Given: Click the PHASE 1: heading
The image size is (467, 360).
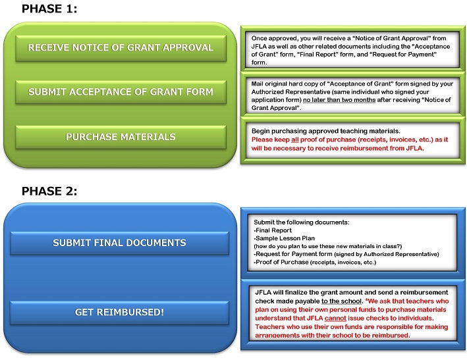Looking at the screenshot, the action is pos(49,9).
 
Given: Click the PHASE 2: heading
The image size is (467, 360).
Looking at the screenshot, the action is pos(49,191).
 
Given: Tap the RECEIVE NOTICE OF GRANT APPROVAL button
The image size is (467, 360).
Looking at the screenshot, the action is pos(121,48).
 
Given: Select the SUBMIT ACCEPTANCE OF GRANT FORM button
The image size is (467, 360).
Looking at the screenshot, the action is pos(121,92).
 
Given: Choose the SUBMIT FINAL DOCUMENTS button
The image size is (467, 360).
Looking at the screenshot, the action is pos(119,243).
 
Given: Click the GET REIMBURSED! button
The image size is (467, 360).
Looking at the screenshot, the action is pos(119,313).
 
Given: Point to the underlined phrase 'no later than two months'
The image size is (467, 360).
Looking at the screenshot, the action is pos(339,100).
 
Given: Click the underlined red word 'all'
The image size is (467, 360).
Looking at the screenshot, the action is pos(295,140).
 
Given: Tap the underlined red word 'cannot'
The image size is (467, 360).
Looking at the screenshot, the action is pos(335,319).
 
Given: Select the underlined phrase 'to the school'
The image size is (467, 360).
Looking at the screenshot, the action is pos(342,301).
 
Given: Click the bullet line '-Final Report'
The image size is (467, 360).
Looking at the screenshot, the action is pos(273,230).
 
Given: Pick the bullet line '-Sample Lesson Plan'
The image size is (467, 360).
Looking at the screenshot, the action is pos(284,238).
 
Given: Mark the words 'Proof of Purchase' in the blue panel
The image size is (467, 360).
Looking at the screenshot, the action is pos(282,262).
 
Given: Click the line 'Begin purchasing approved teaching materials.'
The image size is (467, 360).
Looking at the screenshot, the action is pos(326,131).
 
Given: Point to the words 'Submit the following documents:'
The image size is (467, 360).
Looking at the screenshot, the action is pos(302,222).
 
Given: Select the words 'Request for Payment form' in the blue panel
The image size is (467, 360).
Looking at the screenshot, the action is pos(294,254).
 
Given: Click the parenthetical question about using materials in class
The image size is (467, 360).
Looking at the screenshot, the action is pos(328,246).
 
